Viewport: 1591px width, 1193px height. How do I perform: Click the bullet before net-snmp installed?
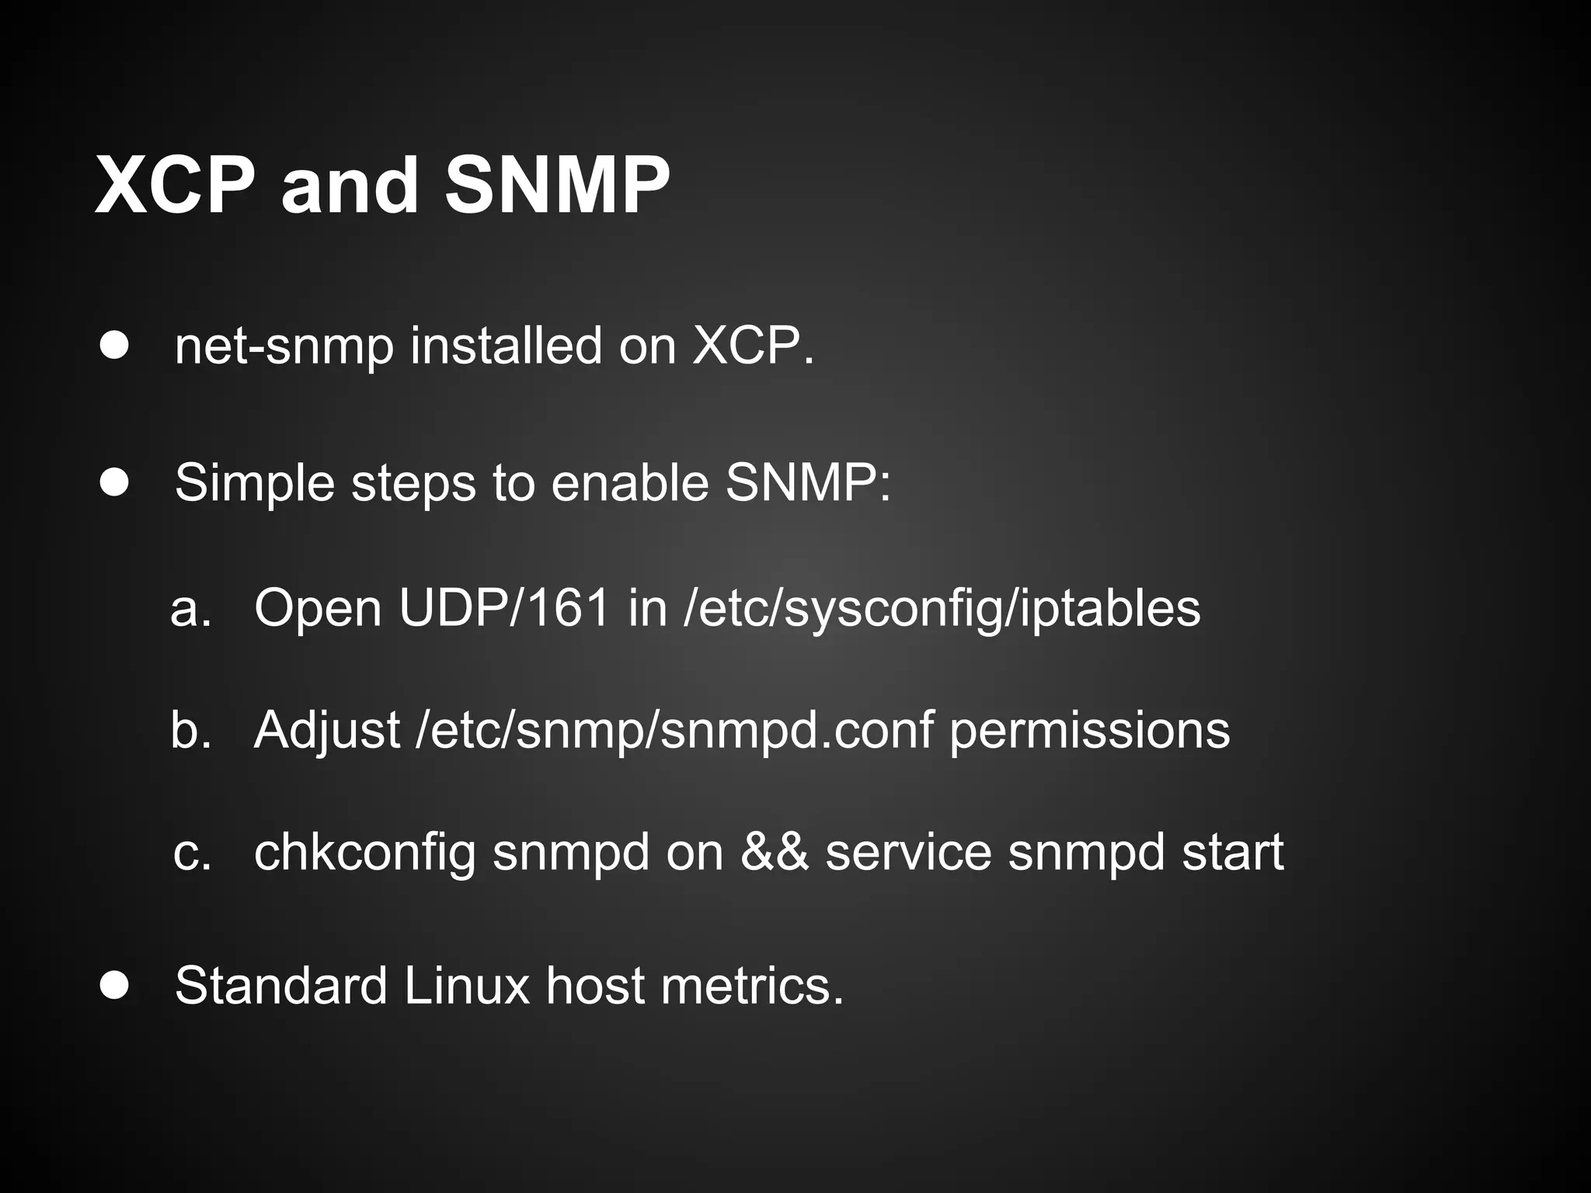(x=114, y=346)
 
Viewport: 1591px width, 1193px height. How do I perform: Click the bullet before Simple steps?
(x=114, y=483)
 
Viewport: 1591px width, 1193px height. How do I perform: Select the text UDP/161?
(x=505, y=607)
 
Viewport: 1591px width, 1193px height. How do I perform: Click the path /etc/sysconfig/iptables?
(x=942, y=607)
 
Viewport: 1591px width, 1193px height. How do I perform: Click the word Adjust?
(x=326, y=730)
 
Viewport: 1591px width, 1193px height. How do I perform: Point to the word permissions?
(x=1089, y=730)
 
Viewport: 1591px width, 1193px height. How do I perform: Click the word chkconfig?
(x=364, y=853)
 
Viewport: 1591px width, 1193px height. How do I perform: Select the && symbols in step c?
(x=774, y=853)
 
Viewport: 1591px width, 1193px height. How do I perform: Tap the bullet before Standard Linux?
(x=114, y=986)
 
